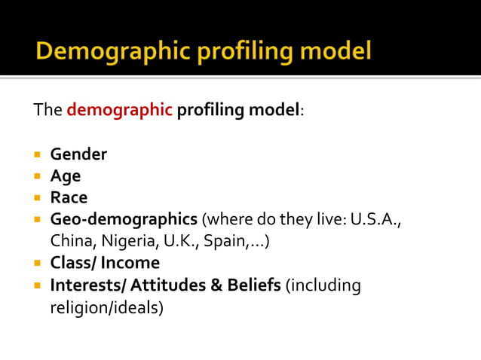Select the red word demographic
pos(119,110)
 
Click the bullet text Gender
pos(78,154)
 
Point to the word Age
pos(66,176)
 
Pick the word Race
pos(69,197)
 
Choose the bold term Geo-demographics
pos(124,220)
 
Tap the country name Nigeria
pos(121,241)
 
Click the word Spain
pos(223,241)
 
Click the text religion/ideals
pos(106,307)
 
